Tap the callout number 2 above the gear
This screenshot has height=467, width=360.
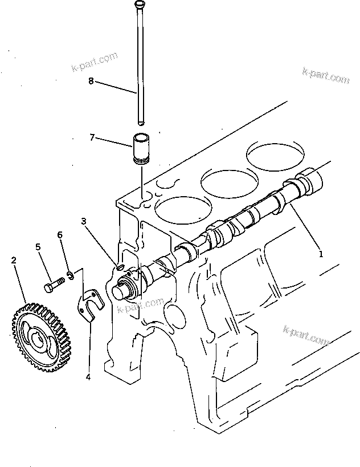click(x=14, y=260)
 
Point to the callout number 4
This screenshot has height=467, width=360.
click(x=88, y=377)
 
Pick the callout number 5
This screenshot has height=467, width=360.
click(x=38, y=247)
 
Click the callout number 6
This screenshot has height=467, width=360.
click(x=60, y=235)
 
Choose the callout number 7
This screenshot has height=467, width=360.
click(x=92, y=137)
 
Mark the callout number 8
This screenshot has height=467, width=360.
click(x=91, y=81)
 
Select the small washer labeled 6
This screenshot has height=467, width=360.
click(x=69, y=277)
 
